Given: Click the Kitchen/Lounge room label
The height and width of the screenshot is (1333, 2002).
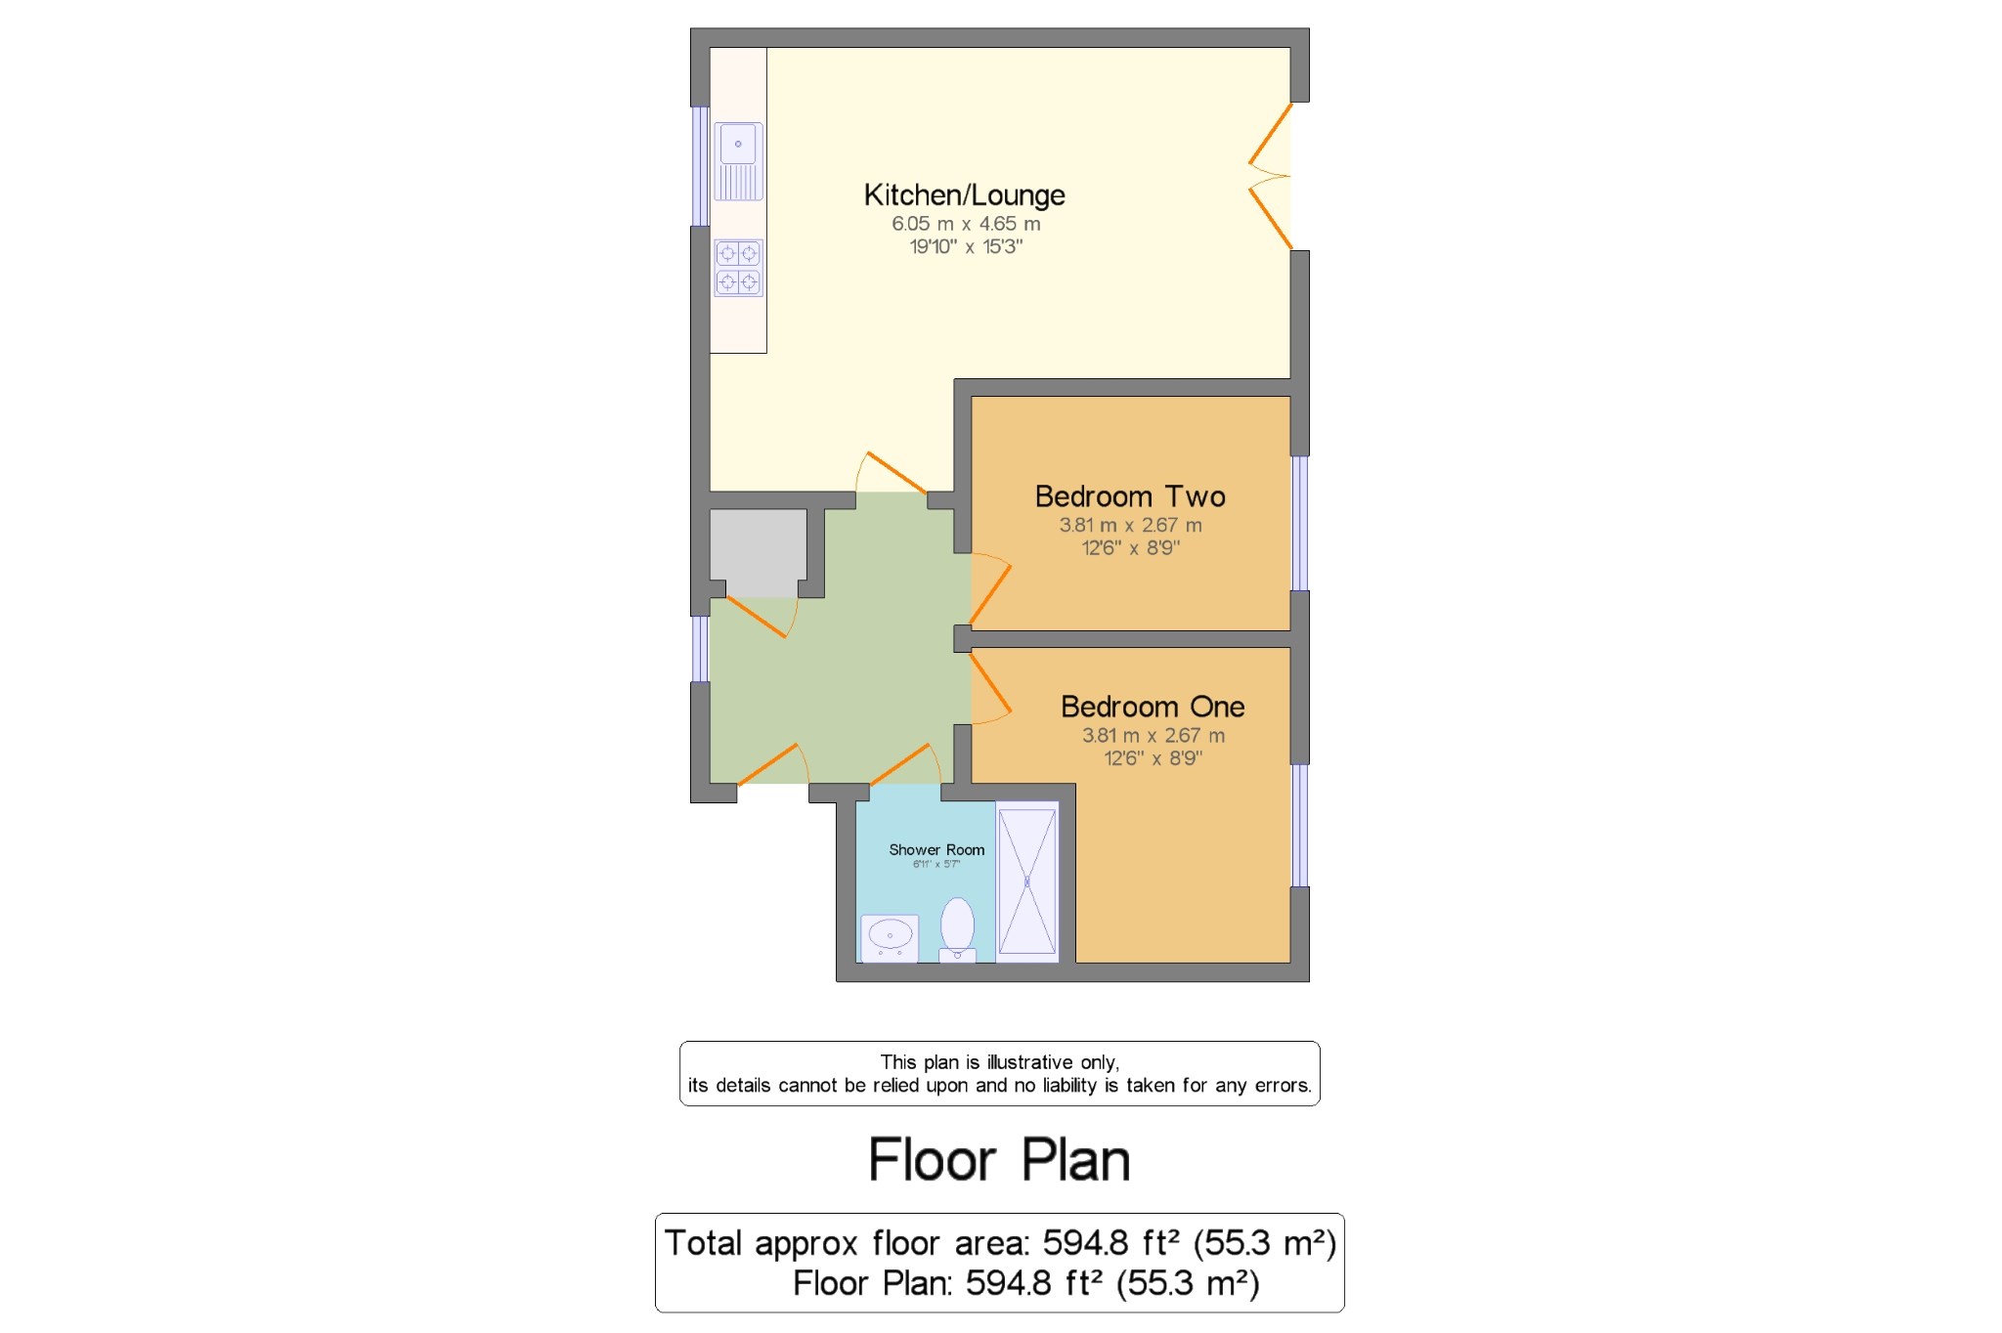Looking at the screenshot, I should click(964, 195).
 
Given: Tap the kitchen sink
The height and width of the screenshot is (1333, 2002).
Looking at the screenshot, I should click(738, 161).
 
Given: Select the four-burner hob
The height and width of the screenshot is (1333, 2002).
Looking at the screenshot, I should click(738, 268).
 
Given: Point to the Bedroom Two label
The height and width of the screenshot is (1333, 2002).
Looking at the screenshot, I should click(1130, 496).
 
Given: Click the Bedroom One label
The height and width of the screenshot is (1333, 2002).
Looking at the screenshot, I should click(1153, 707).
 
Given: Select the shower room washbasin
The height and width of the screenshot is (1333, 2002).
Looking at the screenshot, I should click(890, 937).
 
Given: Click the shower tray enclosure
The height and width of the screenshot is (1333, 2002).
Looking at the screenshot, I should click(1026, 881).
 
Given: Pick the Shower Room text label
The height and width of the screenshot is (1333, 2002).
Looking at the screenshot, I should click(936, 850).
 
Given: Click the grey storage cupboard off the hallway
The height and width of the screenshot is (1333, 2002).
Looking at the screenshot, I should click(758, 552).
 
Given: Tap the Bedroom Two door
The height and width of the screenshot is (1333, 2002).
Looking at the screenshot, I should click(989, 590).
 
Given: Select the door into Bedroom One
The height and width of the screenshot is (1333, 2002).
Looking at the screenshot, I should click(989, 688).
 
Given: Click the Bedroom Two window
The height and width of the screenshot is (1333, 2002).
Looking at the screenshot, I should click(1299, 523).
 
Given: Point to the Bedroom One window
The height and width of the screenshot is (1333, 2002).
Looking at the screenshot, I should click(1299, 825).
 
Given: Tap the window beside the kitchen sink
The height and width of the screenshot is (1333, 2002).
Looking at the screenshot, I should click(700, 166).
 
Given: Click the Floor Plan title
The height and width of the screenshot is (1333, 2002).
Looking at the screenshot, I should click(999, 1160).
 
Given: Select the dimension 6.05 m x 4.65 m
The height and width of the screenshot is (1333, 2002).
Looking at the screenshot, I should click(966, 224).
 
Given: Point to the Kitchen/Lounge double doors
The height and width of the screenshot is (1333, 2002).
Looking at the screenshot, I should click(1271, 177).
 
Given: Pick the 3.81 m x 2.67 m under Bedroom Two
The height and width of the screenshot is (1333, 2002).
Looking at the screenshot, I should click(1130, 525).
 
